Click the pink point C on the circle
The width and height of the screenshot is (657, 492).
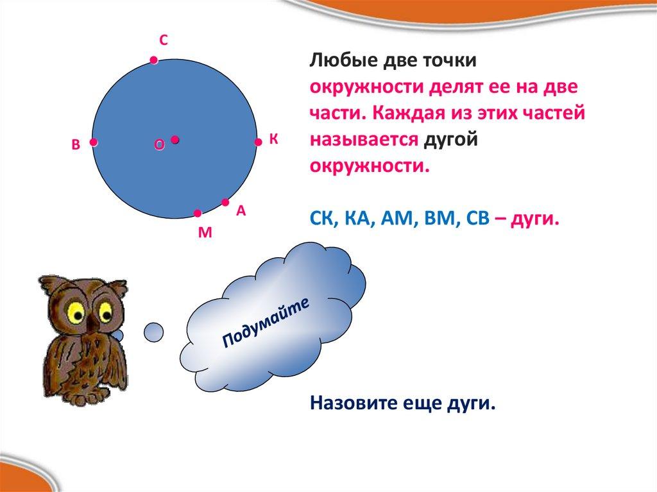tap(154, 60)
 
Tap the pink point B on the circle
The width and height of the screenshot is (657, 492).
tap(94, 142)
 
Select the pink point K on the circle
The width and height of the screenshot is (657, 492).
tap(258, 142)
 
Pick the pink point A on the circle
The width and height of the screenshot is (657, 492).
tap(225, 203)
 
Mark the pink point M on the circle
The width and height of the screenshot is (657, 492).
tap(198, 214)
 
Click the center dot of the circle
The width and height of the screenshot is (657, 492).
tap(175, 140)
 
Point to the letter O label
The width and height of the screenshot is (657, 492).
tap(159, 144)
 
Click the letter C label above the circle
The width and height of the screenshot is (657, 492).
tap(164, 40)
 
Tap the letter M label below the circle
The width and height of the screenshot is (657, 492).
tap(205, 232)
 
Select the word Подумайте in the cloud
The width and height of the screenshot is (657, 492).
tap(266, 322)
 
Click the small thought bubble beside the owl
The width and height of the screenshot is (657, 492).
tap(153, 332)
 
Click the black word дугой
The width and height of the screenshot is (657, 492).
tap(450, 140)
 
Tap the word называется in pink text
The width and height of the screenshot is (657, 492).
tap(364, 140)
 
